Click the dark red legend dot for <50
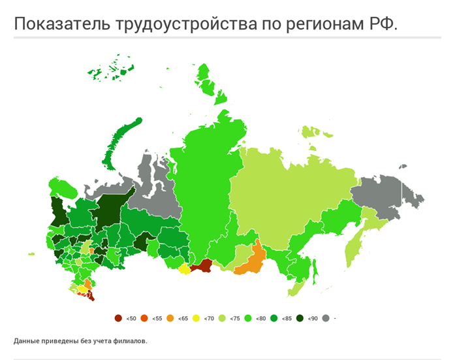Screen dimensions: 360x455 [118, 318]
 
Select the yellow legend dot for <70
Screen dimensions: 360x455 [196, 318]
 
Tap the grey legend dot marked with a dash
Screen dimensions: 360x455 [325, 318]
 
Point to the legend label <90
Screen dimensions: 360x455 [312, 318]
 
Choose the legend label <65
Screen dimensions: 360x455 [183, 318]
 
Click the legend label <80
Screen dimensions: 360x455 [260, 318]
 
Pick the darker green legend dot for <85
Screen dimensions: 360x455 [274, 318]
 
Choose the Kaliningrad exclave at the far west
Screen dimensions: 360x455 [30, 253]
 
